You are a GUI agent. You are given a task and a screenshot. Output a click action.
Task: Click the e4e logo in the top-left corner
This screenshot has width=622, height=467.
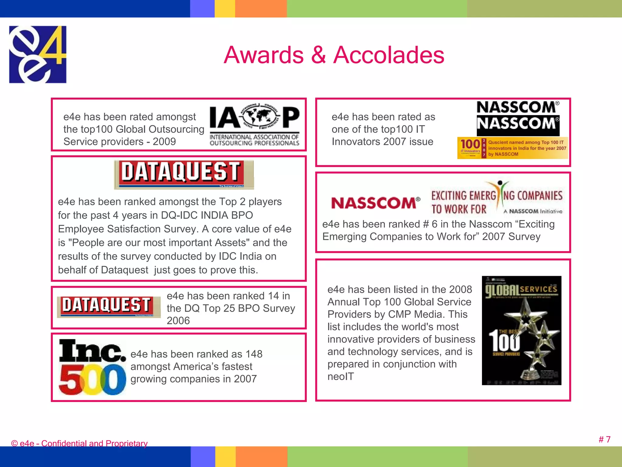click(38, 54)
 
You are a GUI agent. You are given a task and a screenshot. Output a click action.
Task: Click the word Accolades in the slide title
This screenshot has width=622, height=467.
click(389, 55)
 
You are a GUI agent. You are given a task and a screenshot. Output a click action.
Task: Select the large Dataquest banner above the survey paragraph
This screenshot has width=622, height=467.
click(184, 174)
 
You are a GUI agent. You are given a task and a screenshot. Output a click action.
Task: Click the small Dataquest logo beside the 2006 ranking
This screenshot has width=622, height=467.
click(109, 306)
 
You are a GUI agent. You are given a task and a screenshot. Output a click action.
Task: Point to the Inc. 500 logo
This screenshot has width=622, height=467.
click(92, 367)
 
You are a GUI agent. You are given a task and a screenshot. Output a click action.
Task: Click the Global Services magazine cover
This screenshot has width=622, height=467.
click(521, 330)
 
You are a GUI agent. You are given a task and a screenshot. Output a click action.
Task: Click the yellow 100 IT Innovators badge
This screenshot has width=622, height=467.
click(512, 148)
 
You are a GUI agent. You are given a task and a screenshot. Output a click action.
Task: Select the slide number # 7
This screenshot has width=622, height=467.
click(604, 439)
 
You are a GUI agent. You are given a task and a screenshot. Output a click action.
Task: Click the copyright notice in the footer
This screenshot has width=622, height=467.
click(79, 443)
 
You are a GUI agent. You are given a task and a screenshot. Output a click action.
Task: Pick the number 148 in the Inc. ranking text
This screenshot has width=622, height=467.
click(254, 354)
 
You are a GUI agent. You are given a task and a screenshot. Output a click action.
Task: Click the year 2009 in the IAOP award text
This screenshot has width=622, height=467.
click(164, 142)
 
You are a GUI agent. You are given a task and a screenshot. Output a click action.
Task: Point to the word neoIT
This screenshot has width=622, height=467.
click(340, 377)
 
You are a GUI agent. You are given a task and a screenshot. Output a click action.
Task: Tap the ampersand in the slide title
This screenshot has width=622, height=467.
click(318, 55)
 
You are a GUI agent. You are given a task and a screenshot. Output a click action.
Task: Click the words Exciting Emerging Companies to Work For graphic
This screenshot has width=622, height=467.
click(497, 199)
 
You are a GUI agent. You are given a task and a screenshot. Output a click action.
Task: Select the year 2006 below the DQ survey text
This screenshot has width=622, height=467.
click(178, 321)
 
